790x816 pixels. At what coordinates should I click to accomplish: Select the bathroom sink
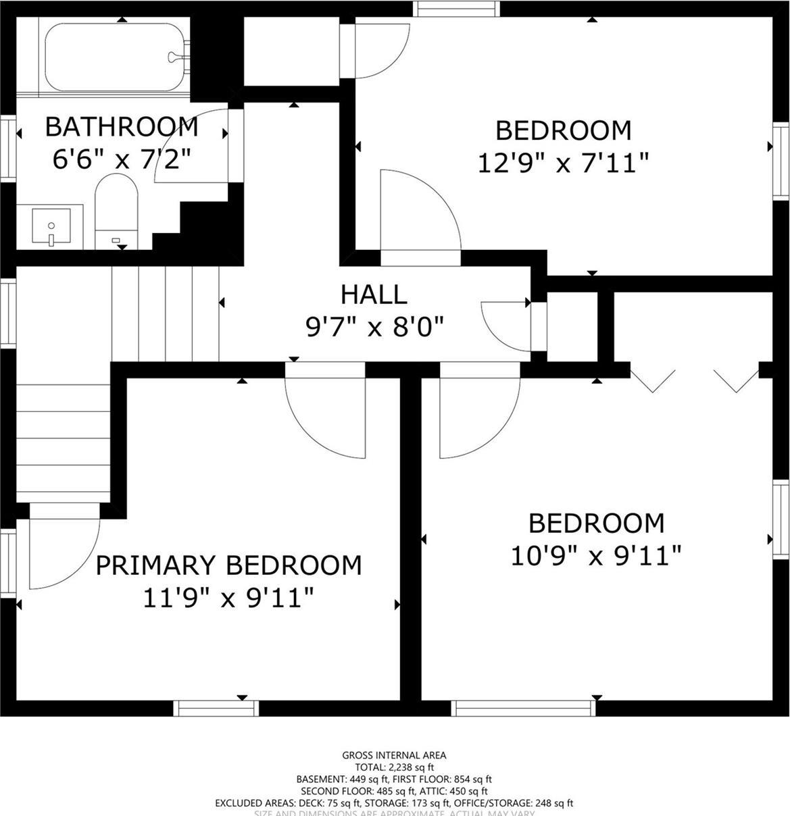(51, 228)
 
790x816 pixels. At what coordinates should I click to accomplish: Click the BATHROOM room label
(122, 126)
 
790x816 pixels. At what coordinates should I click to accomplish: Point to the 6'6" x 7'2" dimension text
(122, 159)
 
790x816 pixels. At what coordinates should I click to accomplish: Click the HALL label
(374, 295)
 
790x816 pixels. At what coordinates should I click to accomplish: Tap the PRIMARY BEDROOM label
(228, 565)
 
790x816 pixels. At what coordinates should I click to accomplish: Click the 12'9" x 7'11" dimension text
(563, 163)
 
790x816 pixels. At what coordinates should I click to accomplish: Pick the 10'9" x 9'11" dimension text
(596, 557)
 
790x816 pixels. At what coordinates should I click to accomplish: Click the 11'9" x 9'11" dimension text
(228, 598)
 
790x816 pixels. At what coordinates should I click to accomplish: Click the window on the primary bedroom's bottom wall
(216, 708)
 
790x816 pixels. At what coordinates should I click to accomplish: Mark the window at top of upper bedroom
(457, 9)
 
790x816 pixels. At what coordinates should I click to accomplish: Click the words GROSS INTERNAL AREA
(394, 755)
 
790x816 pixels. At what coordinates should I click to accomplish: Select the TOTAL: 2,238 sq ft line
(394, 767)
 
